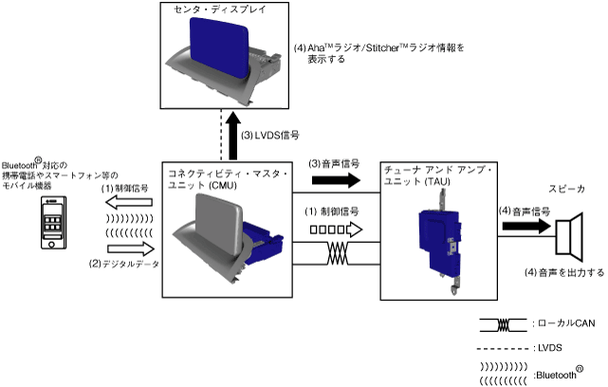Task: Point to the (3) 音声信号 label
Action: (x=335, y=163)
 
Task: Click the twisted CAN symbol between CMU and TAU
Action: (x=337, y=255)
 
